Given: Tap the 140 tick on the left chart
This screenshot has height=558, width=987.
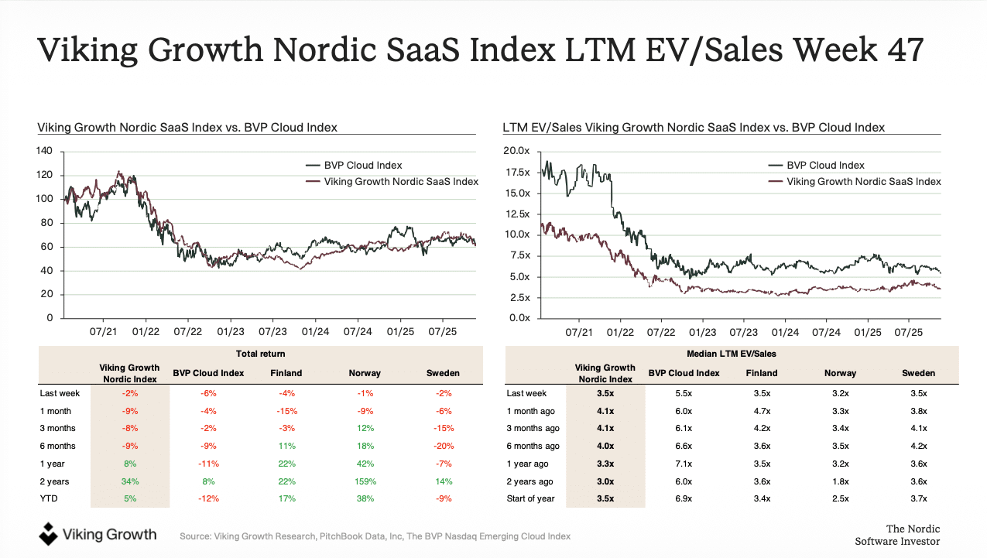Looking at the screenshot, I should click(47, 151).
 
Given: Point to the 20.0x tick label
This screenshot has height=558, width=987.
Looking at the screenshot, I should click(516, 151).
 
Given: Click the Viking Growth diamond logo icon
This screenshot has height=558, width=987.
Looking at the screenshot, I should click(49, 533).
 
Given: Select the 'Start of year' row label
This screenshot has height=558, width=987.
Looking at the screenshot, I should click(530, 498).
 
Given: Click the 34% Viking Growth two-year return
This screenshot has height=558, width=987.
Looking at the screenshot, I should click(130, 481).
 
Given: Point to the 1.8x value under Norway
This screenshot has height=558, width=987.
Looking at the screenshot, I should click(840, 481).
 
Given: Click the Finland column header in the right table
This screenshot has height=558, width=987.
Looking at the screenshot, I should click(762, 373).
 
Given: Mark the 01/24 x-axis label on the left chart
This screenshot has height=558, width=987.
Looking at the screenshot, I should click(315, 331).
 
